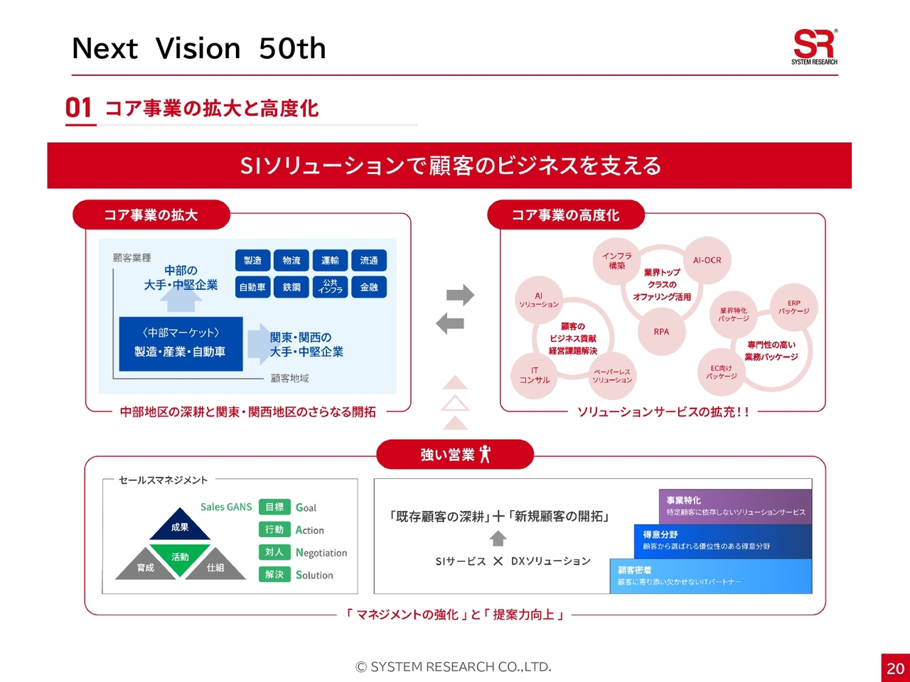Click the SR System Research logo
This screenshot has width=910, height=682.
(x=814, y=47)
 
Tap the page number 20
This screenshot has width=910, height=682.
(x=895, y=668)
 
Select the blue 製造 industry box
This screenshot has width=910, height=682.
(x=252, y=261)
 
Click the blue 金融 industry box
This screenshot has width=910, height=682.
(x=369, y=287)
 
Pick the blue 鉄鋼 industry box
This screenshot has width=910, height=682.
(x=291, y=287)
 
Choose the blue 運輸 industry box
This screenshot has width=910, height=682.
(x=330, y=261)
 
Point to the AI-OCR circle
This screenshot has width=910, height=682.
(x=707, y=261)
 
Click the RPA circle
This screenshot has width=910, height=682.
(x=661, y=332)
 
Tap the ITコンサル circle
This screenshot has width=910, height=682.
(x=534, y=375)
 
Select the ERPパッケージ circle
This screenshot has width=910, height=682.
(x=793, y=307)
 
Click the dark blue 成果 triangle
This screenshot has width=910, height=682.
(x=180, y=526)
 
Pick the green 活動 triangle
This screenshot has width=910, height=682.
(x=180, y=556)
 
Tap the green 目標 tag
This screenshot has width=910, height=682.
(x=274, y=507)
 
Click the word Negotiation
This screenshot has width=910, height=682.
(x=321, y=553)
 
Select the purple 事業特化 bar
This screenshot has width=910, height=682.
(x=735, y=506)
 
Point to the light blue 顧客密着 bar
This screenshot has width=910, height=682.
(x=711, y=575)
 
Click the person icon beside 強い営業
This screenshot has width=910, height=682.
(x=485, y=454)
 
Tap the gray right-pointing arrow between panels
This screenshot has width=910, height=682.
(x=460, y=295)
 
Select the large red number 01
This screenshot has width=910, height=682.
(x=79, y=108)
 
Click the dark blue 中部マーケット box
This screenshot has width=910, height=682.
(x=181, y=343)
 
